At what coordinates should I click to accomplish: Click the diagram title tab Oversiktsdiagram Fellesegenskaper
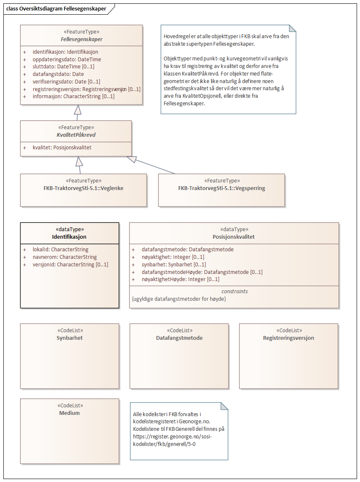pyautogui.click(x=56, y=9)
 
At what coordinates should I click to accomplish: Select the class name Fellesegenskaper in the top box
pyautogui.click(x=81, y=39)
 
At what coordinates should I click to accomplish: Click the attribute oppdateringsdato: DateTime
pyautogui.click(x=67, y=60)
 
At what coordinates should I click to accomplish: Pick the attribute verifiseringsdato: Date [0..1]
pyautogui.click(x=66, y=81)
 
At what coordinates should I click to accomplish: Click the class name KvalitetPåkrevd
pyautogui.click(x=76, y=134)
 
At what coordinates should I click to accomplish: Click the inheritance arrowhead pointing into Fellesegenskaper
pyautogui.click(x=77, y=109)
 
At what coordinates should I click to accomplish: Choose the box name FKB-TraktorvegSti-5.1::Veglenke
pyautogui.click(x=83, y=188)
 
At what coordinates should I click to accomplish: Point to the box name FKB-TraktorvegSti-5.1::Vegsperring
pyautogui.click(x=222, y=188)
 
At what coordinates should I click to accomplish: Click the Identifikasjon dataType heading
pyautogui.click(x=69, y=237)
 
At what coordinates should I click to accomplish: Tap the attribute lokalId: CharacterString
pyautogui.click(x=60, y=250)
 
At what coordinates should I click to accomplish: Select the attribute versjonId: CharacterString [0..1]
pyautogui.click(x=70, y=264)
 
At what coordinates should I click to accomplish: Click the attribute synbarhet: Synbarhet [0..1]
pyautogui.click(x=174, y=264)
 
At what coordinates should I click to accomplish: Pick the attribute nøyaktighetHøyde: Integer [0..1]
pyautogui.click(x=180, y=279)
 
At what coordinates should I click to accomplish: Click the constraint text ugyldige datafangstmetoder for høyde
pyautogui.click(x=179, y=298)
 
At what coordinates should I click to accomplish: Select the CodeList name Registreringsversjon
pyautogui.click(x=289, y=338)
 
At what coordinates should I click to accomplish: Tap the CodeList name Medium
pyautogui.click(x=69, y=413)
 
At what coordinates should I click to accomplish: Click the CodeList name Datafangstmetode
pyautogui.click(x=179, y=338)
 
